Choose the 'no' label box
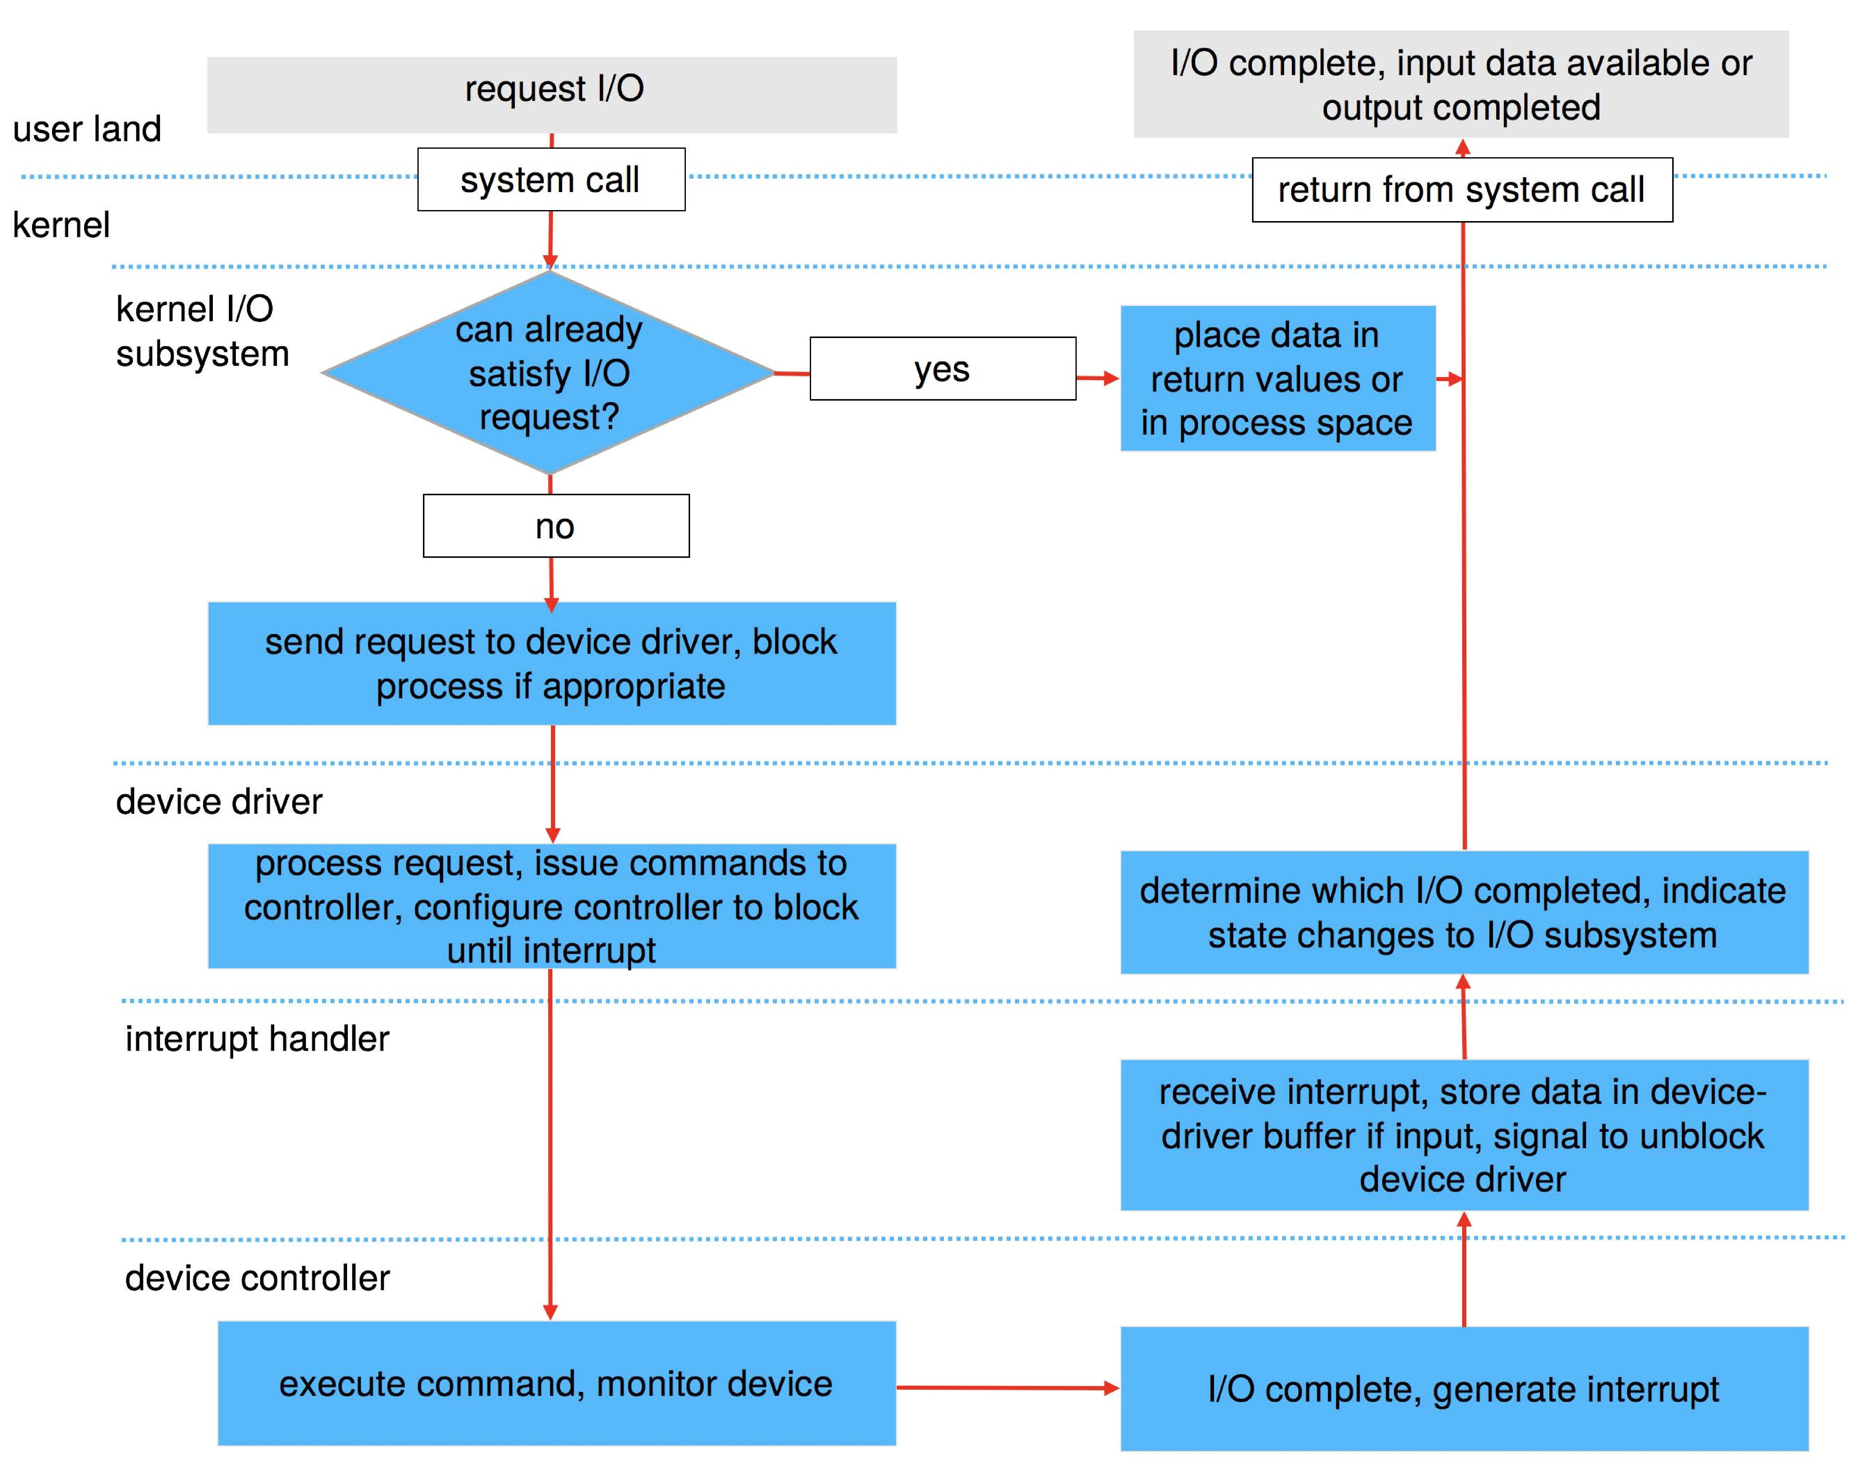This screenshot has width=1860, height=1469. (x=555, y=526)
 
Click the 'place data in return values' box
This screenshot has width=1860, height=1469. (x=1277, y=378)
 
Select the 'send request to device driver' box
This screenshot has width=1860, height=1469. (x=551, y=663)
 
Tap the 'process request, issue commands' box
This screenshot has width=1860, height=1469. (x=551, y=906)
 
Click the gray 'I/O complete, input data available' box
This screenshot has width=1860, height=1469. (x=1460, y=84)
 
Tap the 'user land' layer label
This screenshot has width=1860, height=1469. (x=87, y=129)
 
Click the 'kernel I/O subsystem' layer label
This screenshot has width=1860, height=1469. (x=202, y=331)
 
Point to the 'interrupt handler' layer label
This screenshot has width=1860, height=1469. (x=257, y=1038)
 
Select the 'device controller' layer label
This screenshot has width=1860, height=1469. (x=257, y=1277)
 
